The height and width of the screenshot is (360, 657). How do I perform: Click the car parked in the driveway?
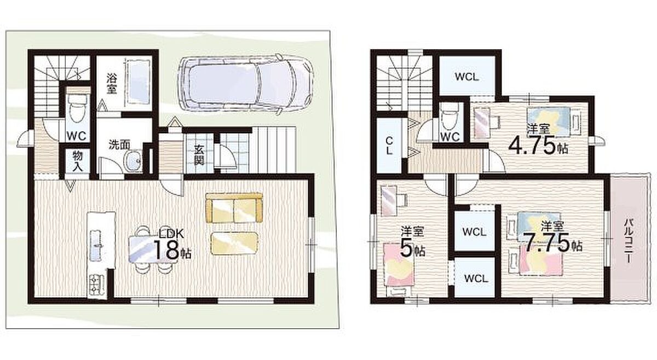246,84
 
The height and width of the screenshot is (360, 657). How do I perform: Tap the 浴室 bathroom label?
112,84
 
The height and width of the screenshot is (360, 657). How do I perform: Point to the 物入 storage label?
78,161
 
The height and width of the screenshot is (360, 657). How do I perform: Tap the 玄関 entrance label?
199,155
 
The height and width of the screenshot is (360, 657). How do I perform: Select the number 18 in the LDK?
166,250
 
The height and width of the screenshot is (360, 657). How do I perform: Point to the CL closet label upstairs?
389,146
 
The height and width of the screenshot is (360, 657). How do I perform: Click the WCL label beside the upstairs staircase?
466,77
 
